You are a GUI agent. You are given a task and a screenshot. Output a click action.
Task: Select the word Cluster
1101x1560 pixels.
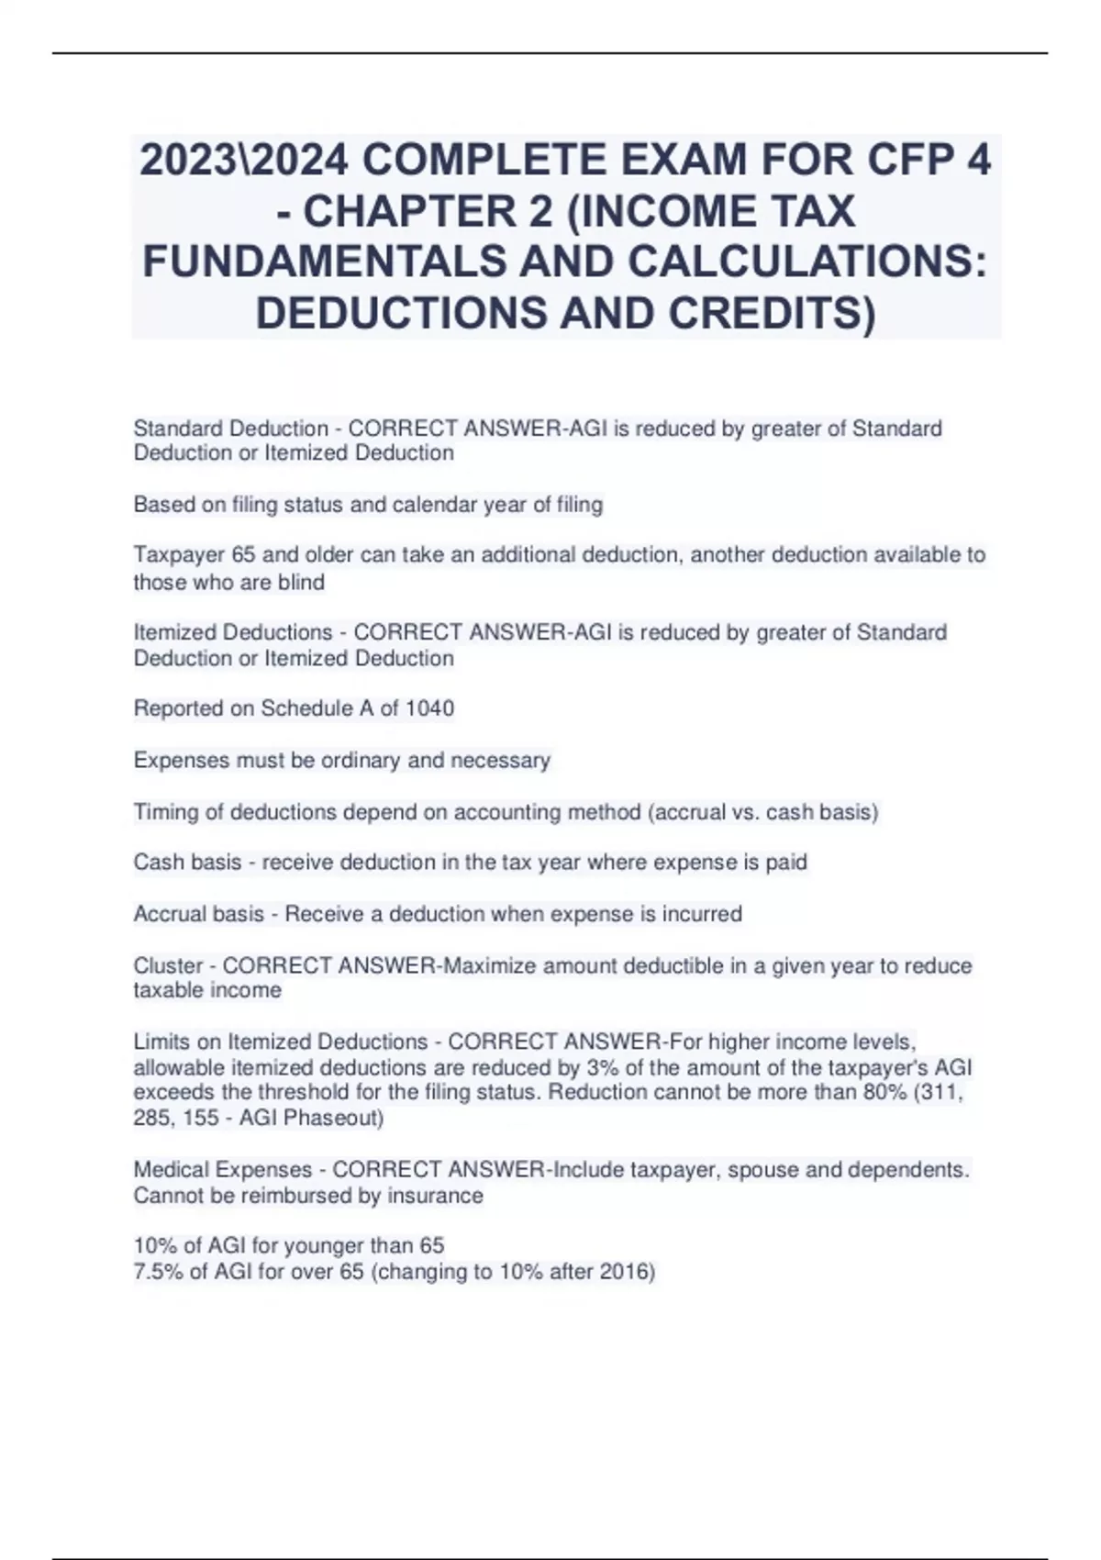[x=168, y=965]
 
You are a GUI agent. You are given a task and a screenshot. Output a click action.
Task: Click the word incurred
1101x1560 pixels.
[x=702, y=914]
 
